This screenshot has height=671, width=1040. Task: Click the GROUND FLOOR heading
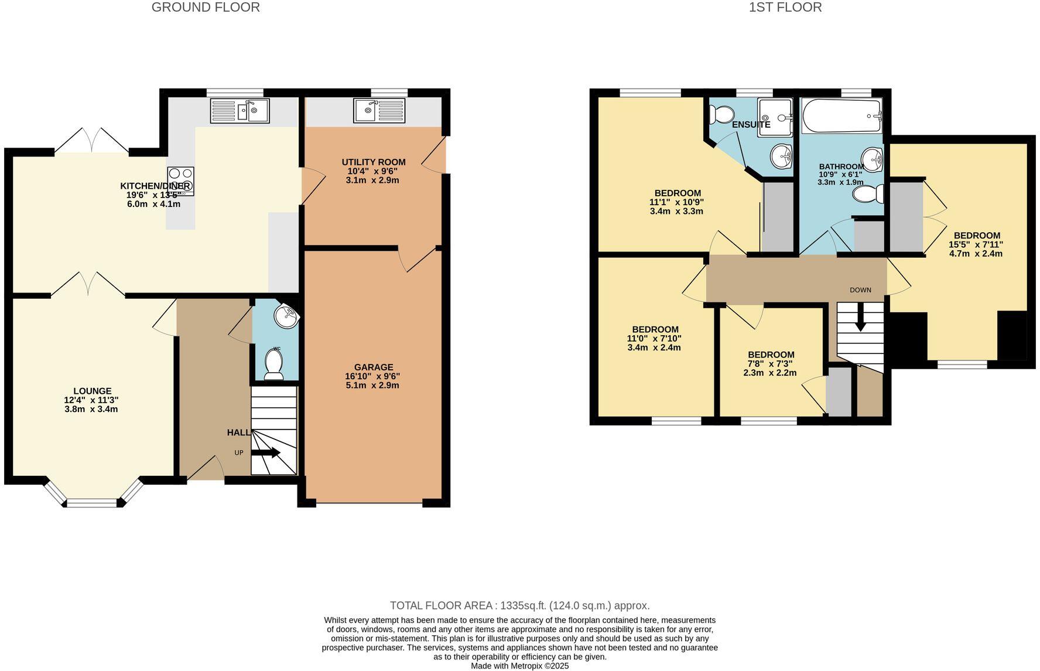206,8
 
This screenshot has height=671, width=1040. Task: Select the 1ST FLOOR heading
785,8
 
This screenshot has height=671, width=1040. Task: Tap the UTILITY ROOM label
373,162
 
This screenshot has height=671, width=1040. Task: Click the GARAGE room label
373,367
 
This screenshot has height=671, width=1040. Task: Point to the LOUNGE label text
92,391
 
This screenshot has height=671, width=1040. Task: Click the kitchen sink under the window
240,111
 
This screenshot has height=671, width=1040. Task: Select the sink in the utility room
379,111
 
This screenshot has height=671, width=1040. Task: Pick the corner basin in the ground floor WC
287,317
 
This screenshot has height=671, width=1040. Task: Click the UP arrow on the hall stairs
266,452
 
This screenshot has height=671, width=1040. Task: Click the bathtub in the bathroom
841,116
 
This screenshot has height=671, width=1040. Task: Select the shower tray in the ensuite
775,117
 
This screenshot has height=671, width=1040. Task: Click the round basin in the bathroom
872,158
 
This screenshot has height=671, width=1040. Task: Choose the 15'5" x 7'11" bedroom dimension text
976,244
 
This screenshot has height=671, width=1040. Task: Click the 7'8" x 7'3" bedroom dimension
771,364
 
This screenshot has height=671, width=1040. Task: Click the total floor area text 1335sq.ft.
520,606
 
